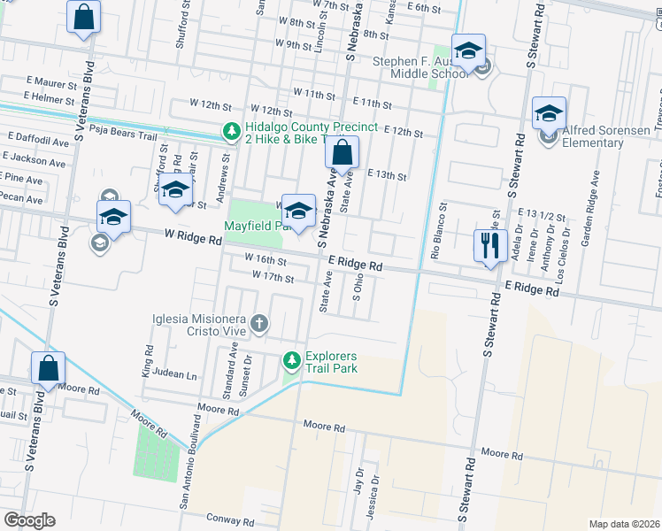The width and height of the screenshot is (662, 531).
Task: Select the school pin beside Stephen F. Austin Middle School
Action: (x=468, y=50)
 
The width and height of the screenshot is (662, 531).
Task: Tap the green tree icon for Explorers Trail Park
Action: (x=291, y=361)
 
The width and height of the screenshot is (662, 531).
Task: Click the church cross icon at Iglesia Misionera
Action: (x=259, y=323)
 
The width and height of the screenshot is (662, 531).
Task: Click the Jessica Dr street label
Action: (x=375, y=496)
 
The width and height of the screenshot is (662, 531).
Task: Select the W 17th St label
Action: (x=272, y=278)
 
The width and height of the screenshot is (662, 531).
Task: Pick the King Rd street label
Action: (x=148, y=360)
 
